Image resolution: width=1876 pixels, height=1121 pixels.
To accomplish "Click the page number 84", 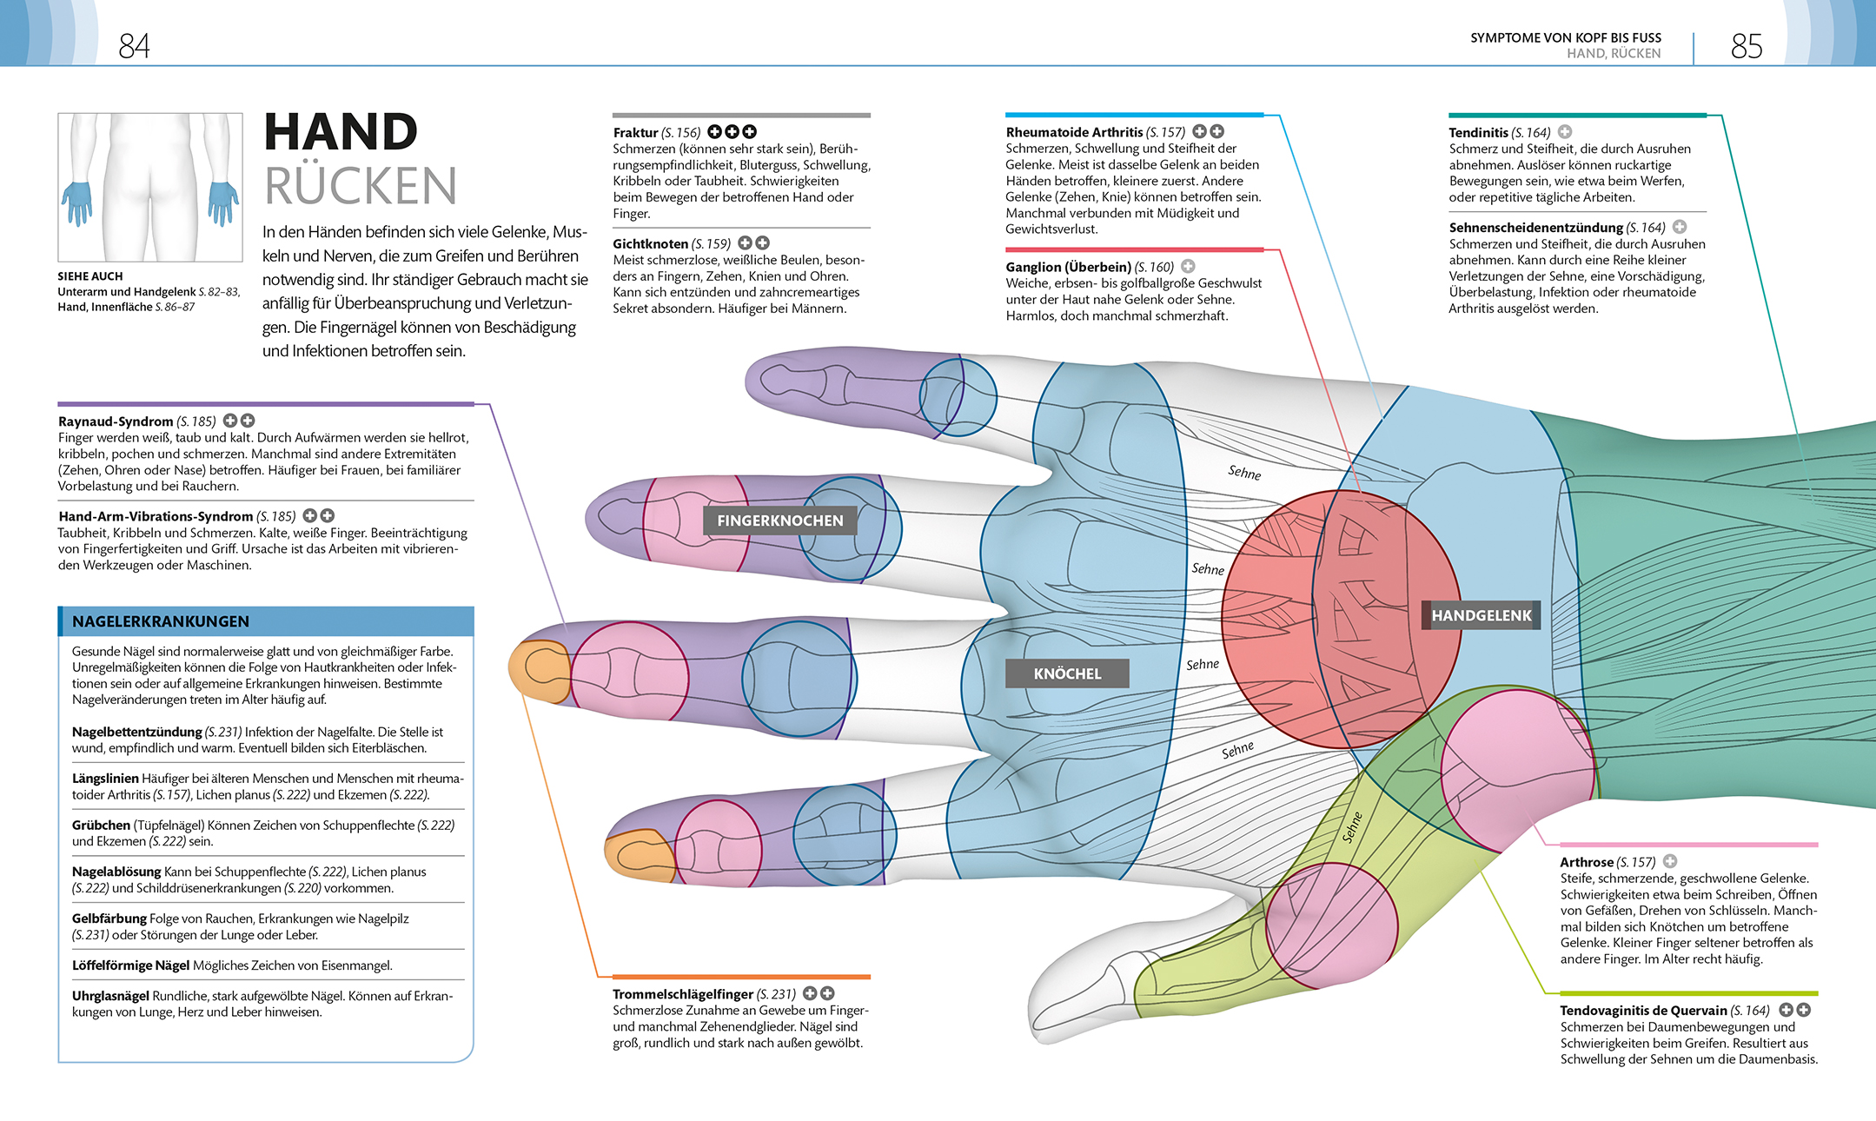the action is click(x=134, y=45).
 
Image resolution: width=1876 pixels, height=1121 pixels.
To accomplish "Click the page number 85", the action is click(x=1746, y=45).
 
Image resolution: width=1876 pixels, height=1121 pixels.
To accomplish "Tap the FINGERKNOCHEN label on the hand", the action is click(x=779, y=521).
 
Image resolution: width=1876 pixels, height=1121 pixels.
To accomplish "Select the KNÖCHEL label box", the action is click(x=1067, y=673).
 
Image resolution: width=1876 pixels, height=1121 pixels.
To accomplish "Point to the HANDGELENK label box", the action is click(x=1482, y=615).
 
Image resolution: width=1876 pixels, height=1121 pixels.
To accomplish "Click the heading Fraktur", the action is click(x=635, y=133).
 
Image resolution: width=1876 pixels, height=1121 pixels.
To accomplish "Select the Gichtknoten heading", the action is click(x=650, y=244).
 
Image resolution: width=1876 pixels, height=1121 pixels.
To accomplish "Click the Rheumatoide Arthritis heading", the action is click(x=1074, y=132).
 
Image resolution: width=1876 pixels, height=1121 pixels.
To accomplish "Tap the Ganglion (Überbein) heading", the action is click(x=1068, y=267).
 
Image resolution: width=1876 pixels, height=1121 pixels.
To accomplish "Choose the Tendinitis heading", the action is click(x=1478, y=132).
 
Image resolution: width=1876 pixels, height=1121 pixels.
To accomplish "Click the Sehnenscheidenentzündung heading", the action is click(x=1535, y=228).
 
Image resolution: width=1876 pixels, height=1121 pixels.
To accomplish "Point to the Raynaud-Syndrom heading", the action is click(x=116, y=421).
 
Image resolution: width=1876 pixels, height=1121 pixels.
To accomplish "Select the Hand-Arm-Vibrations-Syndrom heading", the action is click(x=156, y=516).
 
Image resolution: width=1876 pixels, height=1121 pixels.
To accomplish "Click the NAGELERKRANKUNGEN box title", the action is click(x=161, y=621).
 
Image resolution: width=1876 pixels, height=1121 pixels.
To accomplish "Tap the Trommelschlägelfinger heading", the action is click(x=683, y=994).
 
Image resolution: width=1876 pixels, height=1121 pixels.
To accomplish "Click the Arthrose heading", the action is click(x=1586, y=862).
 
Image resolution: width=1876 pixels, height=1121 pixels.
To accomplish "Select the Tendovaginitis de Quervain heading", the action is click(x=1643, y=1011).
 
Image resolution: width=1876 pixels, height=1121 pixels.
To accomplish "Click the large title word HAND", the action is click(x=341, y=132).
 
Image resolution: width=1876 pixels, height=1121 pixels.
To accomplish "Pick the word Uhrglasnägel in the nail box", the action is click(x=110, y=996).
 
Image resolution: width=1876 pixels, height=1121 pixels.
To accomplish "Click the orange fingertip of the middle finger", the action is click(x=539, y=671).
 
